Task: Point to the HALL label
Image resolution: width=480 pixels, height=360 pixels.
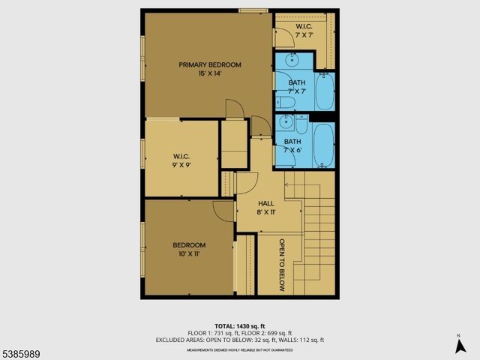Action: click(x=267, y=207)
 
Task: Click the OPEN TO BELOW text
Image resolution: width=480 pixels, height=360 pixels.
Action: click(x=282, y=265)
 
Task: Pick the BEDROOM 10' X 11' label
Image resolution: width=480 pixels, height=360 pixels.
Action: click(x=189, y=250)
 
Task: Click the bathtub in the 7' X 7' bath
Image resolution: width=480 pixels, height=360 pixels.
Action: click(x=323, y=91)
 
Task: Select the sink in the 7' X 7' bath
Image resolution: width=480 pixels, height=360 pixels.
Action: click(x=291, y=61)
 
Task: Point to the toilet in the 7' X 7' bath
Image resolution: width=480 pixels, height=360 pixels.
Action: click(x=287, y=103)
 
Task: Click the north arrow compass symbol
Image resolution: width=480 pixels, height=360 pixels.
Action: click(x=459, y=346)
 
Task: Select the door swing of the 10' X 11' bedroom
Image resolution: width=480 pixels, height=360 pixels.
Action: click(x=223, y=210)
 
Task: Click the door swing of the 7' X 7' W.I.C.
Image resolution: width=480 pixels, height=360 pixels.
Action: click(x=283, y=37)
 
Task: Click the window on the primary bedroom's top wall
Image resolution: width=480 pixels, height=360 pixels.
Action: click(x=253, y=10)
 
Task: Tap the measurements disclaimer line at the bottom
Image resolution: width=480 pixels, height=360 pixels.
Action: click(x=239, y=350)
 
